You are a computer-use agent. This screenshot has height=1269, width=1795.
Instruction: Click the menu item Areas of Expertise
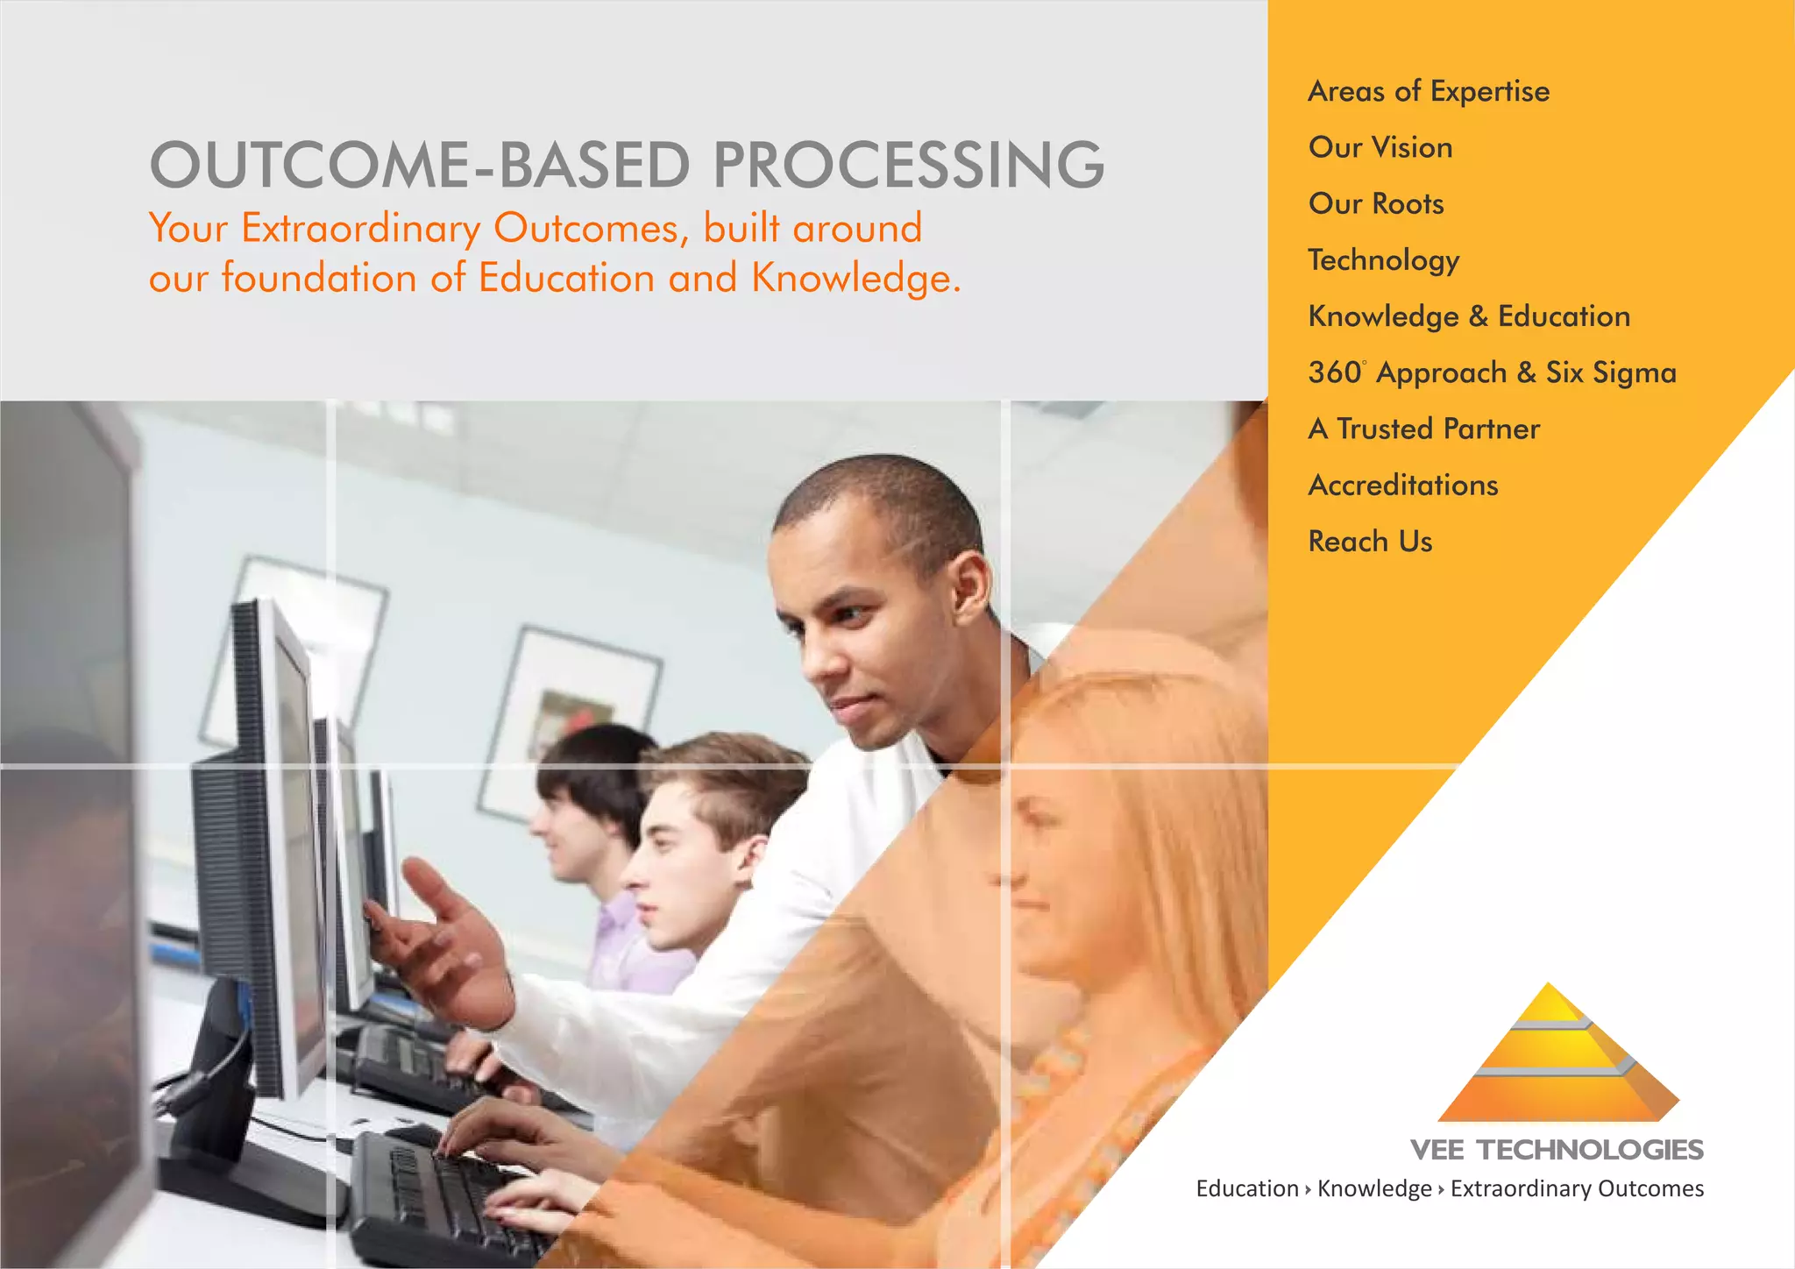(x=1429, y=91)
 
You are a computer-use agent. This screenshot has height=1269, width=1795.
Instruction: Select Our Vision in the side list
(x=1380, y=147)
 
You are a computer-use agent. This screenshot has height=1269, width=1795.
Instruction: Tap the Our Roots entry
(x=1376, y=203)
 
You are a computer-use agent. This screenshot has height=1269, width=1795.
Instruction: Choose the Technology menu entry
(x=1383, y=260)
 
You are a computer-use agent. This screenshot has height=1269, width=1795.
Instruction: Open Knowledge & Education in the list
(x=1469, y=316)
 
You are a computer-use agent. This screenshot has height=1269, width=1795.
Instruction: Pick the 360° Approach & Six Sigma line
(x=1492, y=372)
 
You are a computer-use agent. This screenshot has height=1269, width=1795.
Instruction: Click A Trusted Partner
(x=1423, y=429)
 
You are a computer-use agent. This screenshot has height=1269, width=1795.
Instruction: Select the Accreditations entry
(x=1403, y=485)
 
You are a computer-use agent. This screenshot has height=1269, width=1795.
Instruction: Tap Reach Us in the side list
(x=1370, y=542)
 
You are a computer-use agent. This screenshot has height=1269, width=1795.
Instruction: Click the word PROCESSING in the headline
(x=908, y=165)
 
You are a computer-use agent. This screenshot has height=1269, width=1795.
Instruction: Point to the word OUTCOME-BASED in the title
(x=421, y=165)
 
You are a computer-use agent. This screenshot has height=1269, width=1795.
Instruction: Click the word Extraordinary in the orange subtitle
(x=360, y=228)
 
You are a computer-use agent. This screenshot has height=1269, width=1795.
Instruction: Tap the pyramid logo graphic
(x=1558, y=1056)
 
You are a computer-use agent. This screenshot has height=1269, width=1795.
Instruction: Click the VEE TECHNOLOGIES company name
(x=1557, y=1150)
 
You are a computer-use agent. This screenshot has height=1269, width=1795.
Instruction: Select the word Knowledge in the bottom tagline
(x=1374, y=1188)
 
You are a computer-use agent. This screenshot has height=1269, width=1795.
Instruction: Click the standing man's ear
(x=970, y=585)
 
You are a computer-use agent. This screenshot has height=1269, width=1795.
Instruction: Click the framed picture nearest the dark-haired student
(x=570, y=719)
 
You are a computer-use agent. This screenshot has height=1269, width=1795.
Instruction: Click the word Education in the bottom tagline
(x=1247, y=1188)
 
